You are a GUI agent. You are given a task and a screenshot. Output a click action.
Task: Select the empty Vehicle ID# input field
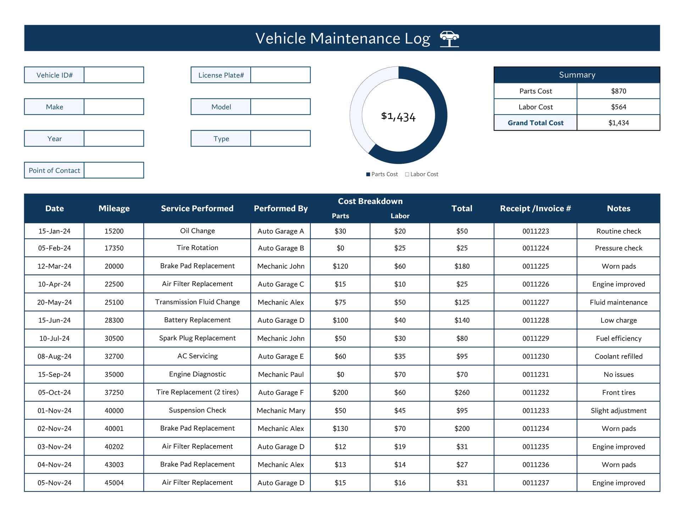point(114,75)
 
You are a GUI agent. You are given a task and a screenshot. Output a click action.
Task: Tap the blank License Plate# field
point(281,75)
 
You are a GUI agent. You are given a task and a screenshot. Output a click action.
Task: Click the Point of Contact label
point(54,170)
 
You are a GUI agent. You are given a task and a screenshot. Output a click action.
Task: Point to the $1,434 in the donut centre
point(398,117)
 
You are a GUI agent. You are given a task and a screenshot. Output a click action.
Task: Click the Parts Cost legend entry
point(382,174)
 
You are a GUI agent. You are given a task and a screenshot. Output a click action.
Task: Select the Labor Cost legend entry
point(422,174)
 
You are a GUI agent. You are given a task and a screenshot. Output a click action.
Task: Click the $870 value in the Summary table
point(619,91)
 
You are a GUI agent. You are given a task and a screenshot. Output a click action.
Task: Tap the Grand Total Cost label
point(536,123)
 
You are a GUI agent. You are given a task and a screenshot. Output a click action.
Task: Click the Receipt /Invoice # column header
point(536,208)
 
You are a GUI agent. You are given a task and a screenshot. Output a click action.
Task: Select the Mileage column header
point(114,208)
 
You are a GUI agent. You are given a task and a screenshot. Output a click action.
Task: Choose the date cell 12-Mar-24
point(54,266)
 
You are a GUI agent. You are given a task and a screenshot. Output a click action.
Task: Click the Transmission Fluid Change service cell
point(198,302)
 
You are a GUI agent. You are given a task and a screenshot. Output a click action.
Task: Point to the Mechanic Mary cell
point(281,410)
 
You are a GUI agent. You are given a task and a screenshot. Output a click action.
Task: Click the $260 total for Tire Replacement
point(462,392)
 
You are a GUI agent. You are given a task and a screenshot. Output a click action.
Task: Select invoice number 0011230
point(536,356)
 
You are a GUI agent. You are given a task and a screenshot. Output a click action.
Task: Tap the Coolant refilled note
point(619,356)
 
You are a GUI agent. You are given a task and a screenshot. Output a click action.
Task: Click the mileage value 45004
point(114,483)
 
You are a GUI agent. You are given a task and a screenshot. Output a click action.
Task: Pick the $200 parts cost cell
point(340,392)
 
